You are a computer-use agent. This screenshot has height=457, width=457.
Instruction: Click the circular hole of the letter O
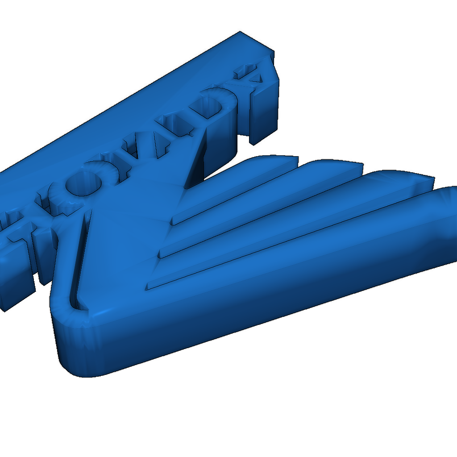(83, 183)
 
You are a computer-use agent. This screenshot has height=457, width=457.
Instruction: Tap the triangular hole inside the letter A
(255, 78)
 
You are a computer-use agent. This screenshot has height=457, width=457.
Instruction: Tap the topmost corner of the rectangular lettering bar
(240, 32)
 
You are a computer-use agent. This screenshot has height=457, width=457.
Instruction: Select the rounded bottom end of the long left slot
(78, 305)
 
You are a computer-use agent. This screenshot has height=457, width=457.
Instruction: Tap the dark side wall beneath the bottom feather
(268, 321)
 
